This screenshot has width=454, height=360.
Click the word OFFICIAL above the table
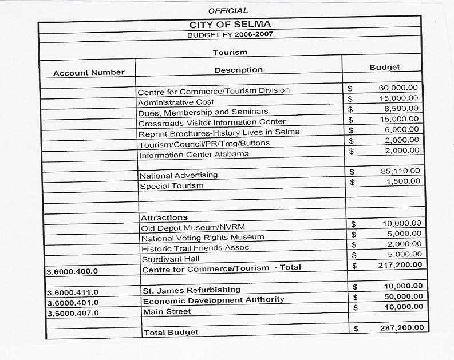(228, 11)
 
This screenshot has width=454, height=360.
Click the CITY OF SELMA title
(230, 25)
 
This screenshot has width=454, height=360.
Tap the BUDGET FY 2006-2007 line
(230, 35)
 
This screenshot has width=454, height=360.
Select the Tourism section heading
(230, 53)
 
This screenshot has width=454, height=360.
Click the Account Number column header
(89, 73)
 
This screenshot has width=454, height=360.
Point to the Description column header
(239, 70)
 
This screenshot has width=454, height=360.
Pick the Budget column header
(385, 68)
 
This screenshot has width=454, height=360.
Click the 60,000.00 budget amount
(398, 88)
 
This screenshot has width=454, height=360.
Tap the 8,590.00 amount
(401, 109)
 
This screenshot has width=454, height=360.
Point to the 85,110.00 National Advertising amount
(400, 171)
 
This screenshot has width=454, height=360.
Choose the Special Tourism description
(172, 186)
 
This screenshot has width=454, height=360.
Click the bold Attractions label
(164, 218)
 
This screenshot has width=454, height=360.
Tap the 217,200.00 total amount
(401, 265)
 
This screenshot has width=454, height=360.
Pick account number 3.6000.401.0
(73, 303)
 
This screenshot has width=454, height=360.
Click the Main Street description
(167, 311)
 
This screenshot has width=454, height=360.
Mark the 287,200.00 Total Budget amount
(402, 328)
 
